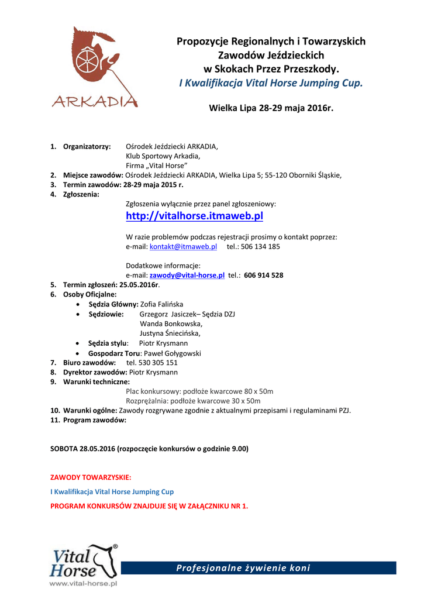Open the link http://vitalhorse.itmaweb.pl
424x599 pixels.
[194, 216]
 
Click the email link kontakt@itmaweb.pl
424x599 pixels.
[183, 247]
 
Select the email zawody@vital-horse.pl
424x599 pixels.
[187, 275]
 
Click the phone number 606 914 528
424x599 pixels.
[264, 275]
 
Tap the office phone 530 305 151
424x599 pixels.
[155, 363]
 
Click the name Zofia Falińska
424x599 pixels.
[162, 304]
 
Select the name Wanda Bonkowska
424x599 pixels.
[171, 323]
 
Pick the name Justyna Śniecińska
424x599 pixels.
[170, 333]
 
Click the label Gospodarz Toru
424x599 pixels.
[114, 353]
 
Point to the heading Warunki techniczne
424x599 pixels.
[96, 381]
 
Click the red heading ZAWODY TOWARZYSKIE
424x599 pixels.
[91, 477]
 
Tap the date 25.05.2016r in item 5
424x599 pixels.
[140, 284]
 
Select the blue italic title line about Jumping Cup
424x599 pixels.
[271, 83]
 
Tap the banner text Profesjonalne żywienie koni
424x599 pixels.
[243, 568]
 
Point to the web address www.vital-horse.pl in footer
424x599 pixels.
[83, 583]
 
